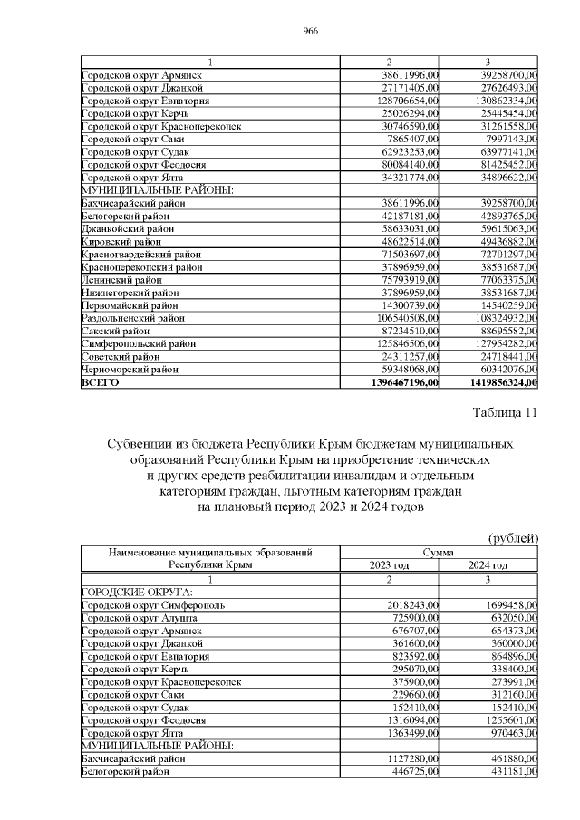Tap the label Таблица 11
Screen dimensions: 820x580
(x=506, y=414)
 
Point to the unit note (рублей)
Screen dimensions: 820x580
(x=514, y=538)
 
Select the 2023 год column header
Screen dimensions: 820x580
(x=389, y=564)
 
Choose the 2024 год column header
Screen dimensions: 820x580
(x=488, y=564)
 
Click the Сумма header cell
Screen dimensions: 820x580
(x=439, y=551)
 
